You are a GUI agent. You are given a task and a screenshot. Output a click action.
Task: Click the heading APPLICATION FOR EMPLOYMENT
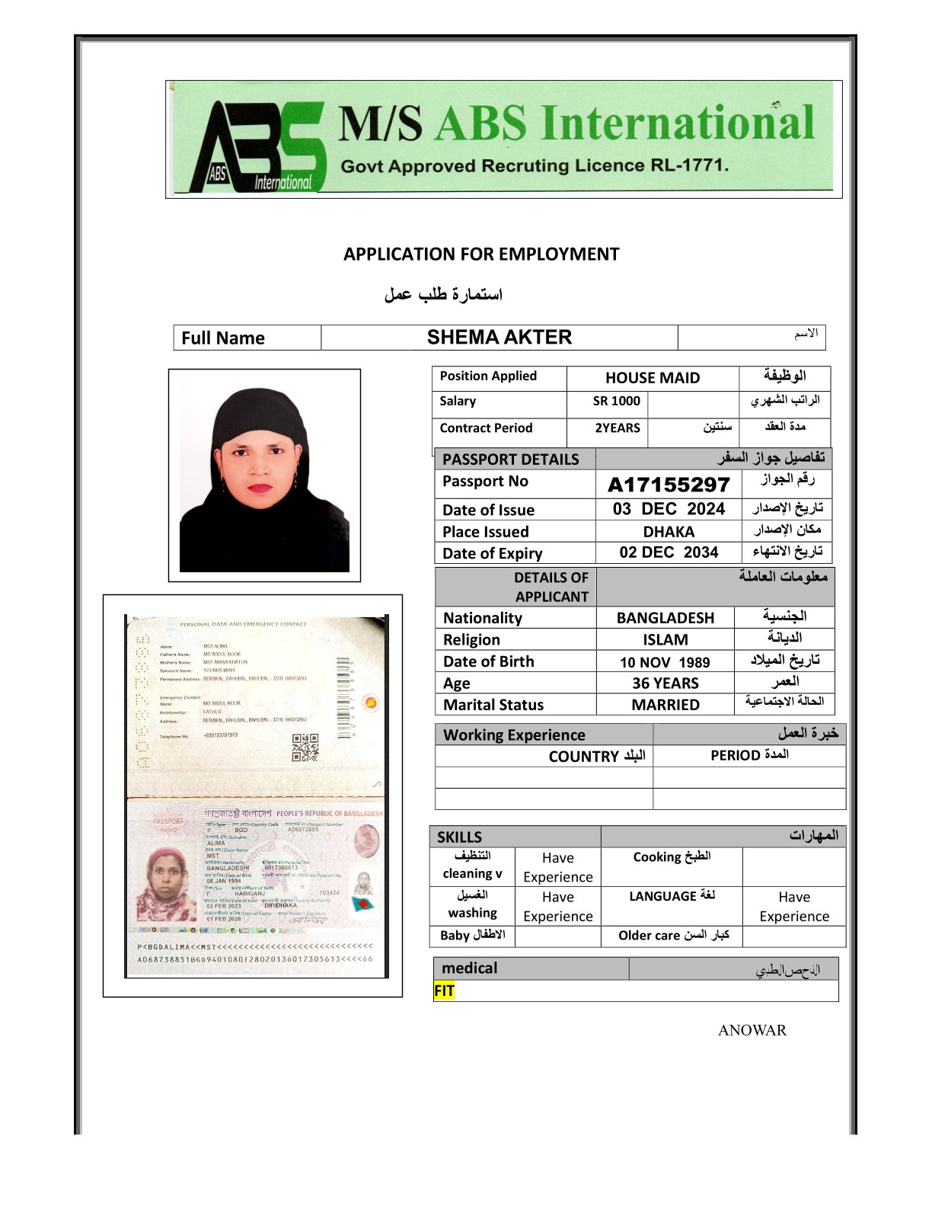(481, 255)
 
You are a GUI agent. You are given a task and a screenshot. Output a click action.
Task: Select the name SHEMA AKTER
(499, 338)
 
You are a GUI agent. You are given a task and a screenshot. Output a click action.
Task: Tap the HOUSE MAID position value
(653, 378)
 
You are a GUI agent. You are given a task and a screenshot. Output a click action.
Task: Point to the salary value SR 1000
(616, 402)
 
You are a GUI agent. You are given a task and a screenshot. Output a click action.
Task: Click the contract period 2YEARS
(617, 428)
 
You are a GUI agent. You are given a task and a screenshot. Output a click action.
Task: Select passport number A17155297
(669, 485)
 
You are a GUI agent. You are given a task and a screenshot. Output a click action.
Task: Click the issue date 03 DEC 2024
(669, 509)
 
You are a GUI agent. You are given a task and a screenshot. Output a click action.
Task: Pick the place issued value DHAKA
(669, 532)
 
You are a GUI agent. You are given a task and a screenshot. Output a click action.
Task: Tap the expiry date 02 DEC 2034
(669, 552)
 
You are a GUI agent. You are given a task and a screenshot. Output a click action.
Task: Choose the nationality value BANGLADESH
(665, 618)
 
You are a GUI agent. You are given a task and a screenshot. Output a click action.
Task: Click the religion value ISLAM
(665, 640)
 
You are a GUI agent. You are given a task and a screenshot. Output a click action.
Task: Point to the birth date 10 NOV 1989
(665, 663)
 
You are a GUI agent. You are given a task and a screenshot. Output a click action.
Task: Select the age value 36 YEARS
(665, 684)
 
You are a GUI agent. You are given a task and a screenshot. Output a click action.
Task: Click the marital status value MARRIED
(665, 705)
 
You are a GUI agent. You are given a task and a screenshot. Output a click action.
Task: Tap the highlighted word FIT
(444, 991)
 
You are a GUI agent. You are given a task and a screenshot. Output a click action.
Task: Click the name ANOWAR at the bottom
(752, 1031)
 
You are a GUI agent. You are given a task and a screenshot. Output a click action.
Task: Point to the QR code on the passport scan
(305, 748)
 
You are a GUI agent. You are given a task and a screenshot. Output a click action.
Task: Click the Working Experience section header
(514, 735)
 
